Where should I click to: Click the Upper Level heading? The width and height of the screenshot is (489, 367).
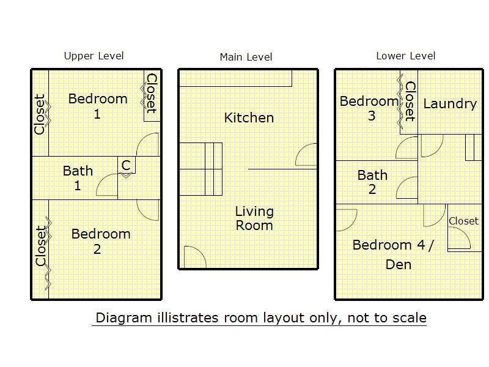pyautogui.click(x=94, y=56)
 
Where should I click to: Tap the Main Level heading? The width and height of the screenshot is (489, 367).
pyautogui.click(x=246, y=57)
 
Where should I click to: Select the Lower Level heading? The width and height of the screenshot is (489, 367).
pyautogui.click(x=406, y=56)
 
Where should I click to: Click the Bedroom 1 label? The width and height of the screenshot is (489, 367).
pyautogui.click(x=98, y=106)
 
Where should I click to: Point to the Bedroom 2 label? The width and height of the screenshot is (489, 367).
pyautogui.click(x=101, y=241)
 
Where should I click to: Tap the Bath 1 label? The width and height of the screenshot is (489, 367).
pyautogui.click(x=78, y=178)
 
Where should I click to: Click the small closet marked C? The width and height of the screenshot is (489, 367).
pyautogui.click(x=127, y=165)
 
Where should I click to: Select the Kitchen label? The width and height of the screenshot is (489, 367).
pyautogui.click(x=249, y=118)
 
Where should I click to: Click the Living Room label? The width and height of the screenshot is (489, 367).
pyautogui.click(x=254, y=218)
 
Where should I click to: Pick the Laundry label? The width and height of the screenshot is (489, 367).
pyautogui.click(x=450, y=104)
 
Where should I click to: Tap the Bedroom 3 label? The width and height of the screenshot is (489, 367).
pyautogui.click(x=369, y=108)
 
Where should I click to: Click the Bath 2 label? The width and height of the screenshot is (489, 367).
pyautogui.click(x=372, y=182)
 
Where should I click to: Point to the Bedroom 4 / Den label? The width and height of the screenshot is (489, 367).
pyautogui.click(x=393, y=254)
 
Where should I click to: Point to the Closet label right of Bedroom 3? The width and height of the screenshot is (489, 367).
pyautogui.click(x=410, y=102)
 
